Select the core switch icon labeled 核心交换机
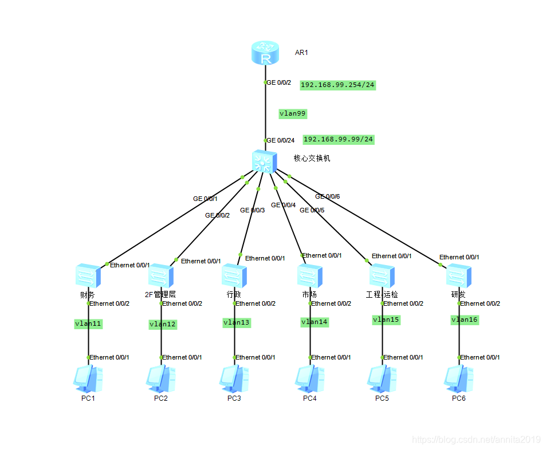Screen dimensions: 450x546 264,161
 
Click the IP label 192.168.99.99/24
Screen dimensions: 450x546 338,139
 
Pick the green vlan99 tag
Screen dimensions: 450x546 293,113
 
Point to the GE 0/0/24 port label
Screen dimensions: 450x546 281,140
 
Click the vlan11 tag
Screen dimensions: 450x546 88,323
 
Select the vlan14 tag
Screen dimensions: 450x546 315,322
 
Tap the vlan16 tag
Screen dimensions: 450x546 465,319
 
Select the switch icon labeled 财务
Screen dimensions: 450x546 88,275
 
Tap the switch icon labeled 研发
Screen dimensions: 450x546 458,275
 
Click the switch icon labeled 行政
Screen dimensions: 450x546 234,275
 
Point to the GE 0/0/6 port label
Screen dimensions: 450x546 327,196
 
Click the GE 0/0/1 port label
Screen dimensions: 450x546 205,199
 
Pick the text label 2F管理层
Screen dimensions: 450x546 160,294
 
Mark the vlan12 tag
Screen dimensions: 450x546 163,324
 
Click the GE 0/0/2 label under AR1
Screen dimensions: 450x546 279,82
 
